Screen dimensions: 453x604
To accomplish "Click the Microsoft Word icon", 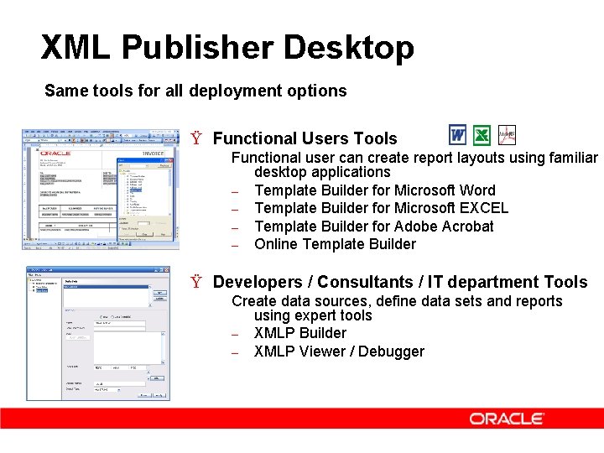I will [457, 135].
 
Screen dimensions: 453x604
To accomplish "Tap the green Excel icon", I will [482, 135].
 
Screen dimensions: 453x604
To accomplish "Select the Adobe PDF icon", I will [507, 135].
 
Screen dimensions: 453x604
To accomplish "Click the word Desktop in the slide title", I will [348, 48].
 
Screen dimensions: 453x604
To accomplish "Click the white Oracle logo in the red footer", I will [507, 419].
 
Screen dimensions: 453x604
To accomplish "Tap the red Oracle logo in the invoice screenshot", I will [54, 153].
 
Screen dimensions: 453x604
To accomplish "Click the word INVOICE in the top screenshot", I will [153, 154].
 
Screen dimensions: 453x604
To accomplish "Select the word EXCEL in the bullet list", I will [483, 208].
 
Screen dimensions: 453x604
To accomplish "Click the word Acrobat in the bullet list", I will [466, 226].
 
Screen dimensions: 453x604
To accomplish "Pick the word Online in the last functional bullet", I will [276, 244].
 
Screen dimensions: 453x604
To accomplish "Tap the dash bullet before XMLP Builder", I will [237, 334].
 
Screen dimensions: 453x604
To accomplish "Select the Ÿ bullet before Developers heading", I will [196, 283].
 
